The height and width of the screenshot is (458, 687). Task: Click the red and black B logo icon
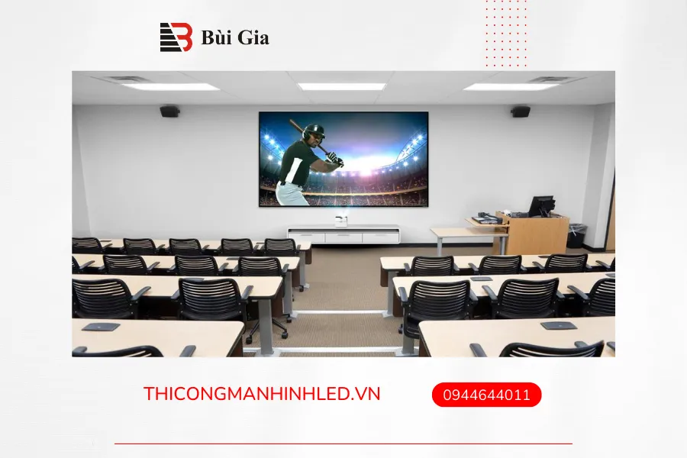tap(176, 37)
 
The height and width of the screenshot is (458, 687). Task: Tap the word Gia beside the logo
tap(253, 37)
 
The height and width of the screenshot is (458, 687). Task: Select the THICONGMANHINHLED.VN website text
tap(262, 394)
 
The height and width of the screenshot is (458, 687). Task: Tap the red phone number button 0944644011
tap(486, 395)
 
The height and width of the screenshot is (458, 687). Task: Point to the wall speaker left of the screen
tap(169, 111)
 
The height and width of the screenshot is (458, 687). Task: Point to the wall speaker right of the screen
tap(521, 111)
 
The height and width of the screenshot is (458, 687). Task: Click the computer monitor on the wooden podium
tap(542, 205)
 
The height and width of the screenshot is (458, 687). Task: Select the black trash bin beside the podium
tap(576, 236)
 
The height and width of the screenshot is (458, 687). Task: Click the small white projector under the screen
tap(341, 221)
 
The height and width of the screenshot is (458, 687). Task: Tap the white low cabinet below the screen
tap(343, 234)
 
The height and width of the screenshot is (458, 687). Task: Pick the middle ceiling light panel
tap(341, 86)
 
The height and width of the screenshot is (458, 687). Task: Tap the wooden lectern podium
tap(531, 231)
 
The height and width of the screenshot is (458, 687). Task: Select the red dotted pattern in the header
tap(506, 34)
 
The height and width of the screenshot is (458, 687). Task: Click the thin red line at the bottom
tap(343, 444)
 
